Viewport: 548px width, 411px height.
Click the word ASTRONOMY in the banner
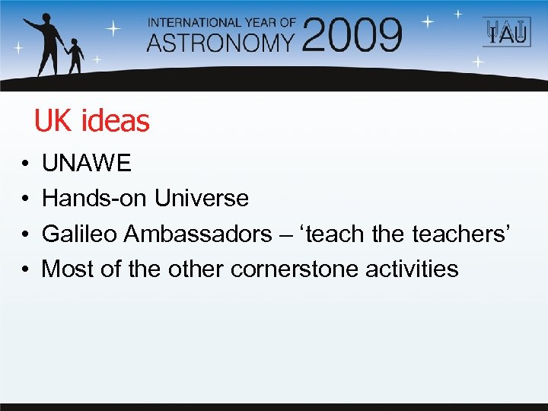tap(221, 41)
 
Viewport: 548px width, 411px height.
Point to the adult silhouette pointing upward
tap(46, 43)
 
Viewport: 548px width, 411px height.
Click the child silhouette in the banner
tap(75, 57)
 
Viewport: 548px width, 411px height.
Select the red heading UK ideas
tap(92, 120)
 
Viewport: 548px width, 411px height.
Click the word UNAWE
tap(87, 163)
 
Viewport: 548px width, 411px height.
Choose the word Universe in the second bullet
tap(202, 198)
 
